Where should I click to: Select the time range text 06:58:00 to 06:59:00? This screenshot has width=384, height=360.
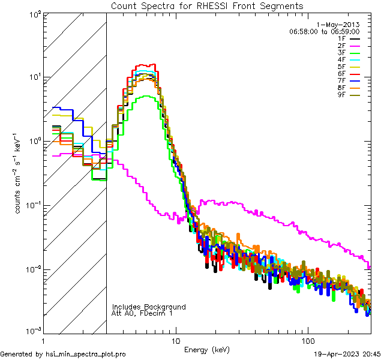tap(324, 31)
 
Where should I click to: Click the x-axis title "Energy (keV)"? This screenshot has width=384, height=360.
tap(207, 349)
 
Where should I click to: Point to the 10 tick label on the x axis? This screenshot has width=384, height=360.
tap(176, 340)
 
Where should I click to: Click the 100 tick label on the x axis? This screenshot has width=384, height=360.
tap(307, 340)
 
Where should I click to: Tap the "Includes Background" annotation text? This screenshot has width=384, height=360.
tap(149, 307)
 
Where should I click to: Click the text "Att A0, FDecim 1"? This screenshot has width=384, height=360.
tap(142, 313)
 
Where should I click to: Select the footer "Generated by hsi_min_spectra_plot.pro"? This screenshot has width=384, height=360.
tap(63, 354)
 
